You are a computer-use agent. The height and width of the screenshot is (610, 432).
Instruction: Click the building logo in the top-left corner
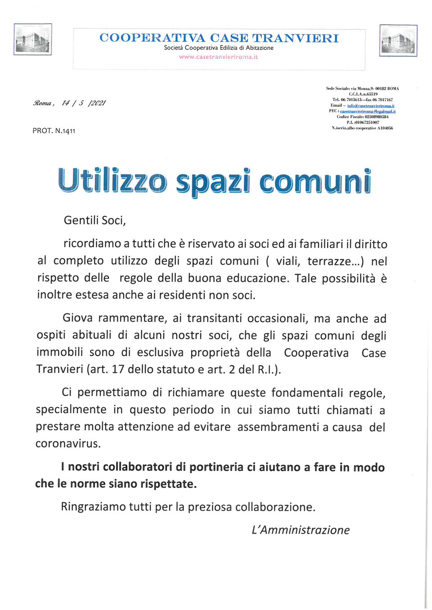point(32,40)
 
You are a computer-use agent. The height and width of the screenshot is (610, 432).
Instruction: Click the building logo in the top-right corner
point(398,40)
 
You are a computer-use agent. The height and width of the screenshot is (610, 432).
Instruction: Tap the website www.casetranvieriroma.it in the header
point(218,57)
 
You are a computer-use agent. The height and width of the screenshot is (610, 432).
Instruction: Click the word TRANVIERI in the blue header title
point(295,38)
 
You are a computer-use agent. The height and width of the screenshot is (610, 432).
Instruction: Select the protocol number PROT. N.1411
point(54,131)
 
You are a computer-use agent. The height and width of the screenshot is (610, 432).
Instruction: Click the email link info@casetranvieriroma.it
point(371,106)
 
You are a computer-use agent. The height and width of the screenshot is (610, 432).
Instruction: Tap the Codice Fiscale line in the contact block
point(362,117)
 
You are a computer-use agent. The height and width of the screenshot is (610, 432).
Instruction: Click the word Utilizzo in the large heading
point(112,181)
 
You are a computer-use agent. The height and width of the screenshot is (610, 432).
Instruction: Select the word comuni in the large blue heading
point(315,182)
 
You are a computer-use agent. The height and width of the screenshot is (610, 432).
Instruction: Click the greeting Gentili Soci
point(94,220)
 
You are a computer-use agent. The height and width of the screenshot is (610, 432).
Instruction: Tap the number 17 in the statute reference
point(118,369)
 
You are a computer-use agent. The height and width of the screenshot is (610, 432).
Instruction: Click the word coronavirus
point(68,443)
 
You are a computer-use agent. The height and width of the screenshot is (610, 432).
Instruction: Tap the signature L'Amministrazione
point(301,530)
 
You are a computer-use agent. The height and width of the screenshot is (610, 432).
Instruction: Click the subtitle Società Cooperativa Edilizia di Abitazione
point(219,48)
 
